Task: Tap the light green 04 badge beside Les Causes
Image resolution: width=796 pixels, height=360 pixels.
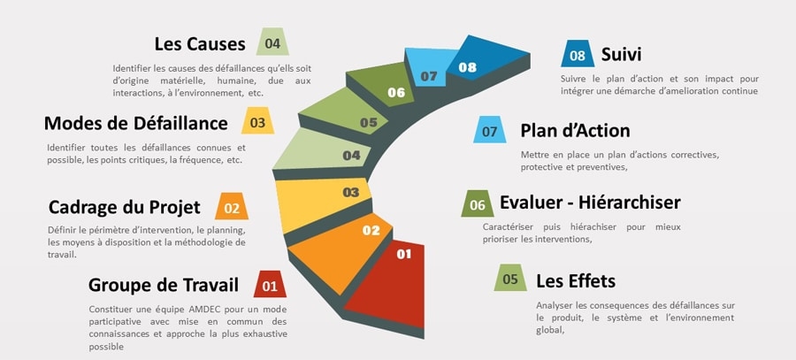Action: (272, 42)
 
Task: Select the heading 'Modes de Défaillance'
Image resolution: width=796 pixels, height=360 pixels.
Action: (136, 124)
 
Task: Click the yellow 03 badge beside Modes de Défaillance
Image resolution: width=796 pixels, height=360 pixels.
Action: (257, 122)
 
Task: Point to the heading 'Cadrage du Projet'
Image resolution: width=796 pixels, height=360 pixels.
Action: (124, 208)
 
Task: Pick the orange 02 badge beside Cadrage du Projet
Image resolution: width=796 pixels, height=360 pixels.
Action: (232, 209)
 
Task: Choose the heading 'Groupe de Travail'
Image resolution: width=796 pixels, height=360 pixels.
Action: (164, 285)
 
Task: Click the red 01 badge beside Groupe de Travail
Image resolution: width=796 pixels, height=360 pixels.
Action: (270, 286)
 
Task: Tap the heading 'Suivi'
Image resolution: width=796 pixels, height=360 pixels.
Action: (621, 55)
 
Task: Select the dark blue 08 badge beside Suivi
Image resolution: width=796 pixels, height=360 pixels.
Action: (578, 55)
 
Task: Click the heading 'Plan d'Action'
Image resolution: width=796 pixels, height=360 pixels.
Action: (575, 131)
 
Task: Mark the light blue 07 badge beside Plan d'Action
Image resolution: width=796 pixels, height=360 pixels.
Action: (489, 131)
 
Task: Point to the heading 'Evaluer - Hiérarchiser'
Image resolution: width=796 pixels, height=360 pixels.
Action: (590, 203)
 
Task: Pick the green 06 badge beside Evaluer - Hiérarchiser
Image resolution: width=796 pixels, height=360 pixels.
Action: (478, 204)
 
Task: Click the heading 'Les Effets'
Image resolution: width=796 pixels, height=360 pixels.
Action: (576, 280)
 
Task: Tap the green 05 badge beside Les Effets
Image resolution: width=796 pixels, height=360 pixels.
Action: (510, 280)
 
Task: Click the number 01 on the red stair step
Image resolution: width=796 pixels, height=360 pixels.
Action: (403, 255)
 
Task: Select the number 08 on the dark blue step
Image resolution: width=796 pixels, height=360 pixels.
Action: (467, 67)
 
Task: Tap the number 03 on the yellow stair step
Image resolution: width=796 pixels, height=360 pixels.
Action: (351, 192)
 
